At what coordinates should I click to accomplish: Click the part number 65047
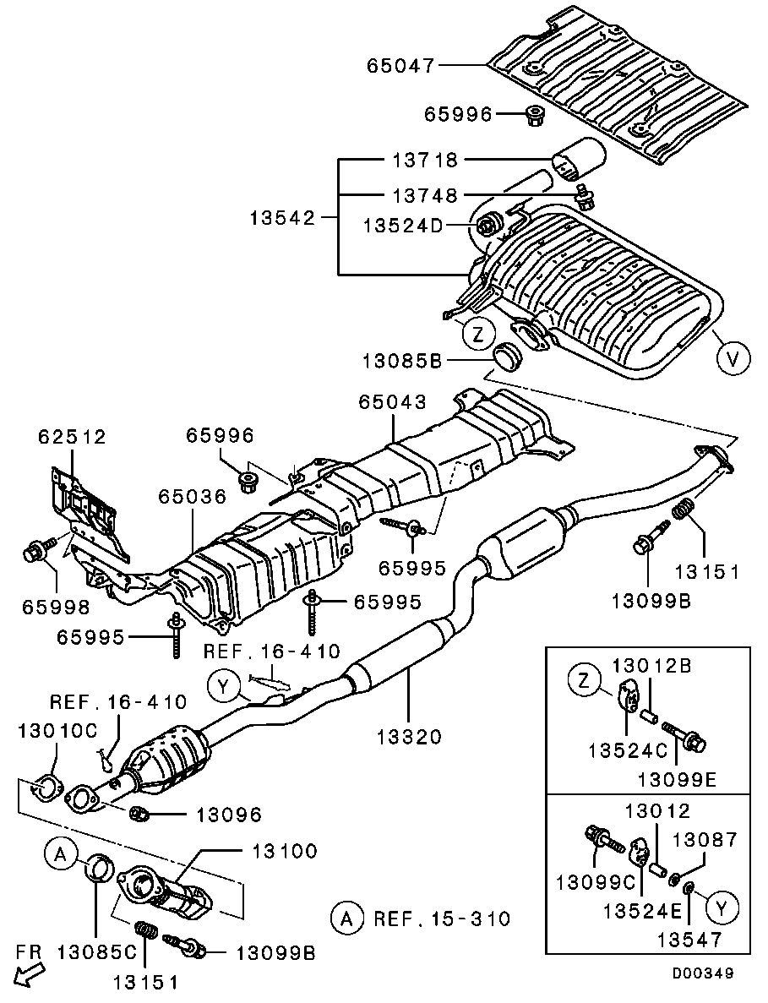point(400,64)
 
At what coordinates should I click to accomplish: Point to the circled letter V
point(733,359)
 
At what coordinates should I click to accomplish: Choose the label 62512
point(72,437)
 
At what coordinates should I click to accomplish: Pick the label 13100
point(283,851)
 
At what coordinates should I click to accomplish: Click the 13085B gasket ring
point(508,357)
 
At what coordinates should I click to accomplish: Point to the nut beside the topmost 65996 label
point(534,115)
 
